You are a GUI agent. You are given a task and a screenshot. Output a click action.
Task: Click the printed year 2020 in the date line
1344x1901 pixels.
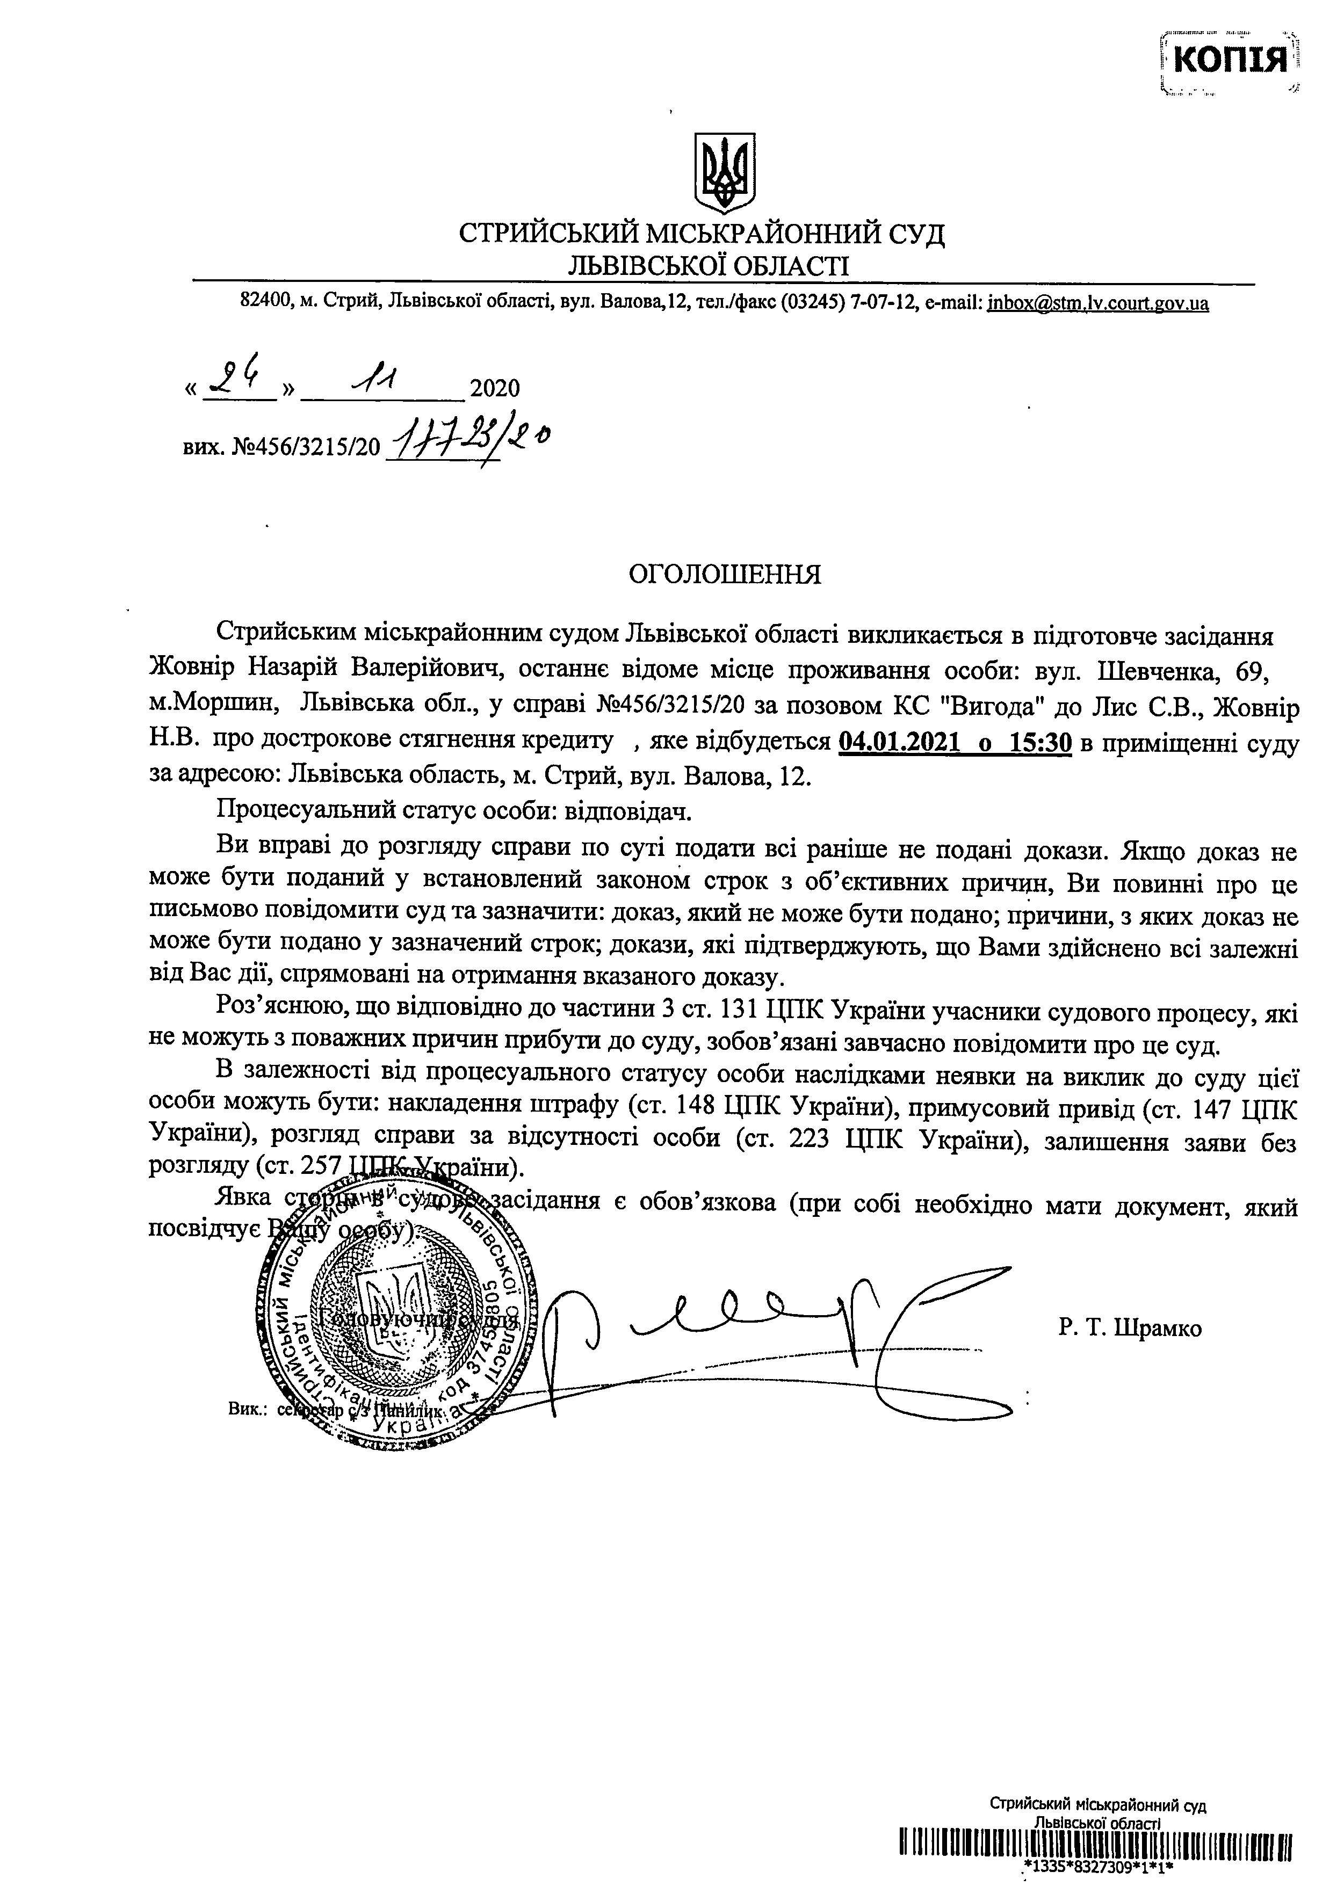(x=494, y=388)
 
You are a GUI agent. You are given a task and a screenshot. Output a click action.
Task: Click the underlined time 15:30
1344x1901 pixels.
(x=1039, y=743)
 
